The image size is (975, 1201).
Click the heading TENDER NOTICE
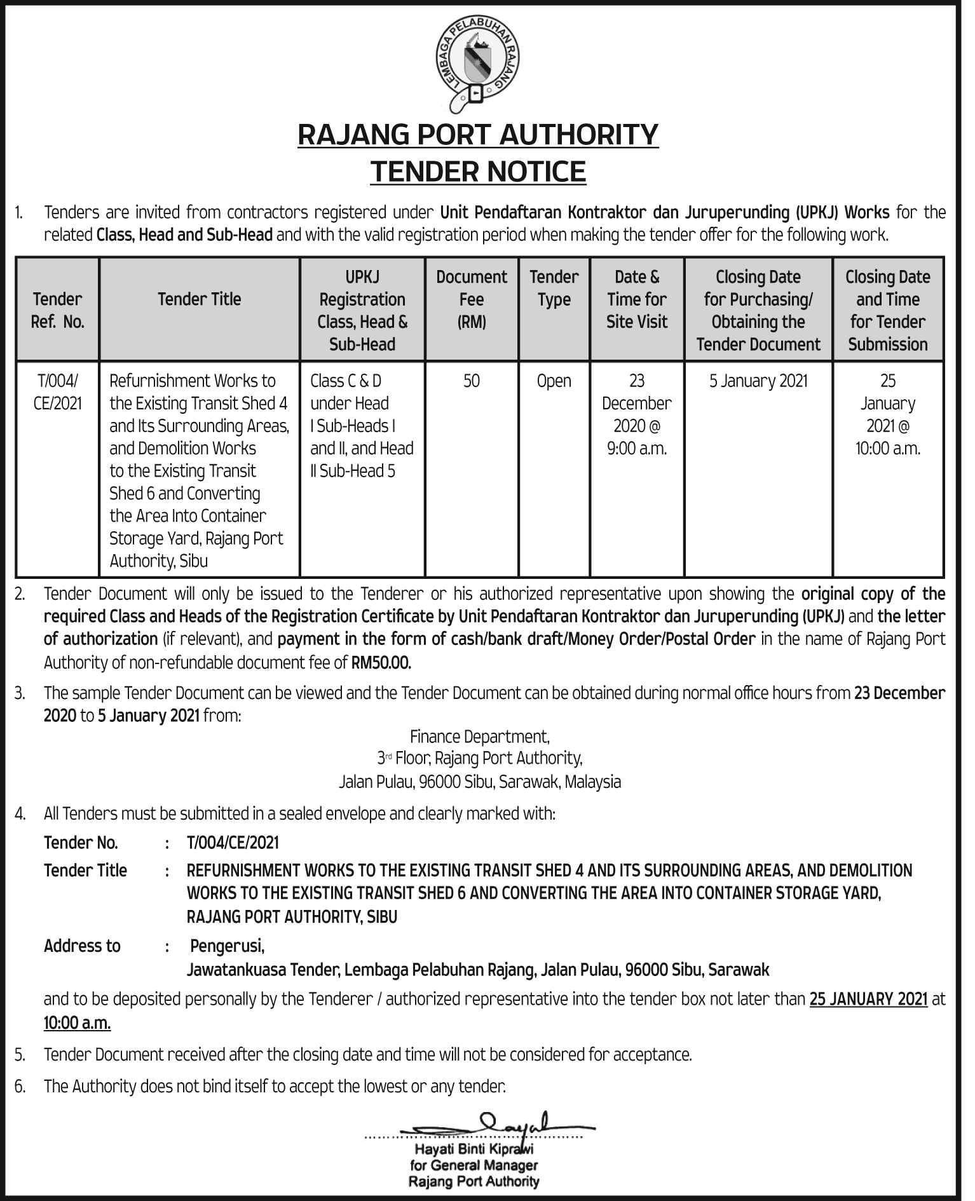point(478,172)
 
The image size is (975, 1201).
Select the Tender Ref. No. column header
point(57,310)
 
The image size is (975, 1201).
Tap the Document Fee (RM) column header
point(472,299)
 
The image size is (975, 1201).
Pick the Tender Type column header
point(554,288)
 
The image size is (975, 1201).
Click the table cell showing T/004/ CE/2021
point(57,392)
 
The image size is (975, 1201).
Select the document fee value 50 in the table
point(472,381)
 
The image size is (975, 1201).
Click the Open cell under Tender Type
point(554,381)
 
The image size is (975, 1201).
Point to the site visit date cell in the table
point(636,414)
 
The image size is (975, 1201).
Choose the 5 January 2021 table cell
point(758,381)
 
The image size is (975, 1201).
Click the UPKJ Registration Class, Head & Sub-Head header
point(362,310)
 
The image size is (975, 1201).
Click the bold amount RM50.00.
point(381,663)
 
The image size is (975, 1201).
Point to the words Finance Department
point(480,736)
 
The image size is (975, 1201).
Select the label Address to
point(82,946)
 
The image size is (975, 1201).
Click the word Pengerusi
point(227,946)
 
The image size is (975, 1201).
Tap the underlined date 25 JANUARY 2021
point(868,999)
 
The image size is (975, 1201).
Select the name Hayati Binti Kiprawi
point(474,1149)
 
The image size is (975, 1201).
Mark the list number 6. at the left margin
point(20,1086)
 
